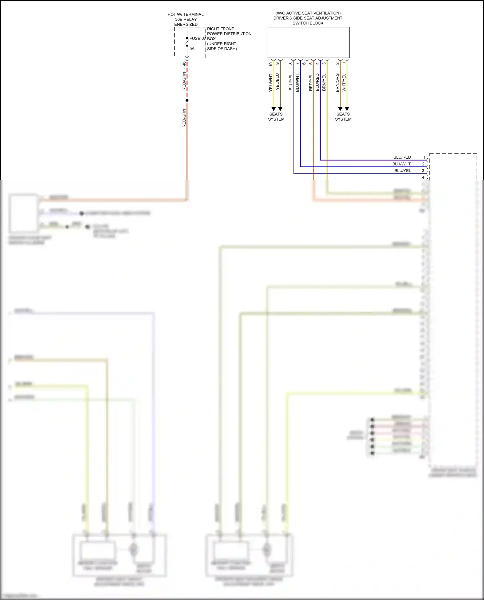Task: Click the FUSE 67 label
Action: (x=197, y=38)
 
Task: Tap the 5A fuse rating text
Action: (x=192, y=49)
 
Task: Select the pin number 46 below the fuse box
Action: (x=184, y=64)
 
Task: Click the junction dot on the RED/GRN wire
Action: (x=187, y=100)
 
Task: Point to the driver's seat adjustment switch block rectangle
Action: (x=308, y=42)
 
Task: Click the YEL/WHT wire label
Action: (x=271, y=83)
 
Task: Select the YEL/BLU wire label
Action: (x=277, y=82)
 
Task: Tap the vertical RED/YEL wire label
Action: (x=311, y=82)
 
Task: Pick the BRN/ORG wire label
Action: (x=338, y=83)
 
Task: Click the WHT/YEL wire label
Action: (x=344, y=83)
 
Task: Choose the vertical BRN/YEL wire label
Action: (x=324, y=82)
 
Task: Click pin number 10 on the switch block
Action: (x=271, y=64)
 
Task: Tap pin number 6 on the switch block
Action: (x=304, y=64)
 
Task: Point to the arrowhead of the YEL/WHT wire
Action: (x=274, y=109)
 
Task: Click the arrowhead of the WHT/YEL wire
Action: (x=347, y=109)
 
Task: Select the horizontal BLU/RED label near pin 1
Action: (x=402, y=157)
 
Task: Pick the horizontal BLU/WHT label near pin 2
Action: (x=401, y=164)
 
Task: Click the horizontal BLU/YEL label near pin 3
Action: (x=402, y=171)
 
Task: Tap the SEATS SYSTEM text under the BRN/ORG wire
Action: (x=343, y=117)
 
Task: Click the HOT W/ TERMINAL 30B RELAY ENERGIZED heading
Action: (x=186, y=19)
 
